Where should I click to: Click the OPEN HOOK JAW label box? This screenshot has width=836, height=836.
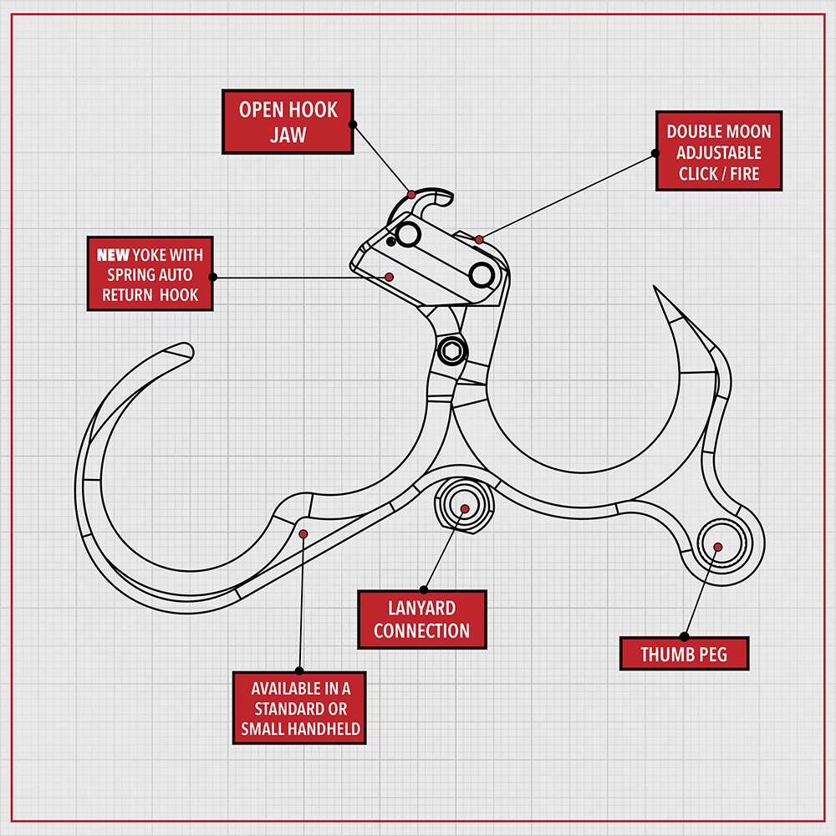coord(287,122)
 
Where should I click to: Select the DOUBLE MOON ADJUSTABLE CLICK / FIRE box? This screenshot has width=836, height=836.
coord(718,153)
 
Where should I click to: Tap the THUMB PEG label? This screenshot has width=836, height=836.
coord(684,654)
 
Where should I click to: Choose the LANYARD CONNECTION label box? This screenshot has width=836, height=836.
coord(421,619)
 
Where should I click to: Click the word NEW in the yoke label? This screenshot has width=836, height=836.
coord(113,254)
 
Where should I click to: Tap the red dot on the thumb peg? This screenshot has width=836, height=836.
coord(717,547)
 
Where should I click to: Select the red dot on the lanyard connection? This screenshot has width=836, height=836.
coord(465,508)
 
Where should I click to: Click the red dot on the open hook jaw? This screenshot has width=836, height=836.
coord(411,194)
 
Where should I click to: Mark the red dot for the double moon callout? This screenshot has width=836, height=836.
coord(479,240)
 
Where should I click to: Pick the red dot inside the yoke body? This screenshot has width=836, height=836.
coord(389,277)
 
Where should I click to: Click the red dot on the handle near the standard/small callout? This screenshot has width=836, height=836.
coord(303,533)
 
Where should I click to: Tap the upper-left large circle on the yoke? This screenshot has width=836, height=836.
coord(408,234)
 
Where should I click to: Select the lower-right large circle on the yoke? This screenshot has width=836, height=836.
coord(482,274)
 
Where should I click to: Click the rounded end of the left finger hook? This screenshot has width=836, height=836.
coord(184,350)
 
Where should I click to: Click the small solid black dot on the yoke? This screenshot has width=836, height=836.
coord(391,242)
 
